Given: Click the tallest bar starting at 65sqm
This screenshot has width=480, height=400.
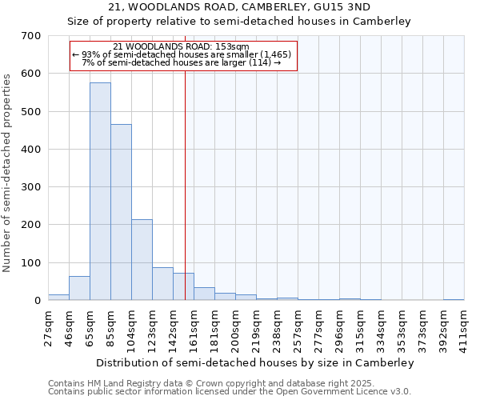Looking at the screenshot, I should [x=100, y=192].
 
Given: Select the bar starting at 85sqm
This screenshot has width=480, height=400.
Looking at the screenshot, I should [x=121, y=212].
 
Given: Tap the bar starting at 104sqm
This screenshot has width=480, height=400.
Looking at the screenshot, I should [x=142, y=260].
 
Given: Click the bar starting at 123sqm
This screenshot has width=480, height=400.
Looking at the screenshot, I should [x=162, y=284].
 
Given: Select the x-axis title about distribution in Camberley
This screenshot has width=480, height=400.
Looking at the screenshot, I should [x=254, y=362].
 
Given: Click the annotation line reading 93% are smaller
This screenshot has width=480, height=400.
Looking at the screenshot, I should [x=182, y=54].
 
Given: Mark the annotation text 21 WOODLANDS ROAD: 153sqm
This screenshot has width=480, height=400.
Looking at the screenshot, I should [x=182, y=46].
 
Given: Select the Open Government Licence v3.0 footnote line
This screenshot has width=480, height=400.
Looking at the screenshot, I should [x=229, y=392].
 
